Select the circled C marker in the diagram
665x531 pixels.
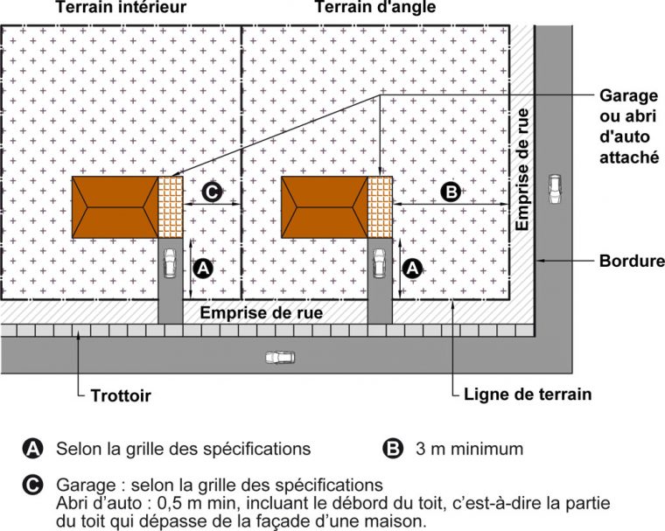[213, 192]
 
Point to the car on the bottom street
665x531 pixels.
[280, 357]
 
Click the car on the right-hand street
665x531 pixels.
[554, 189]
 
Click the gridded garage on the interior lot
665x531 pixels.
[171, 207]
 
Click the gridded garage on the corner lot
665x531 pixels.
[380, 207]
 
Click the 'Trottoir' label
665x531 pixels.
[121, 396]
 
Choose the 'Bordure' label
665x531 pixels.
[631, 261]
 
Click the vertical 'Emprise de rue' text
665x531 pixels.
[522, 171]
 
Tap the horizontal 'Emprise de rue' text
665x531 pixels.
[262, 312]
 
